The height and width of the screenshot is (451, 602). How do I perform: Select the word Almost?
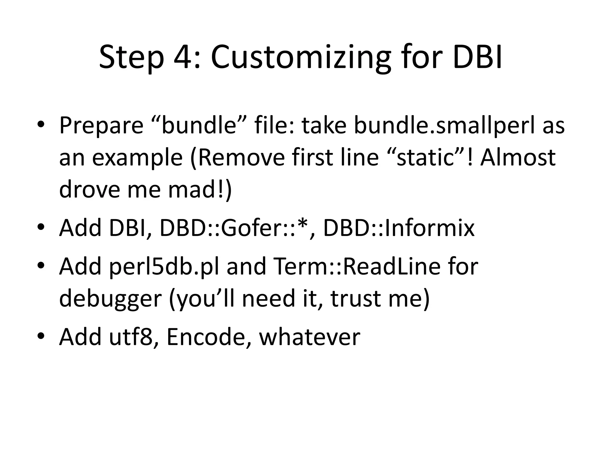[x=518, y=157]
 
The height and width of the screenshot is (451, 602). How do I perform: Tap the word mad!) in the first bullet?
[x=200, y=189]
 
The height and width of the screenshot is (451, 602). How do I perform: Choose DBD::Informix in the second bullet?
[x=399, y=228]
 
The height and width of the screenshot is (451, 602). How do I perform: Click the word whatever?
[x=310, y=337]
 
